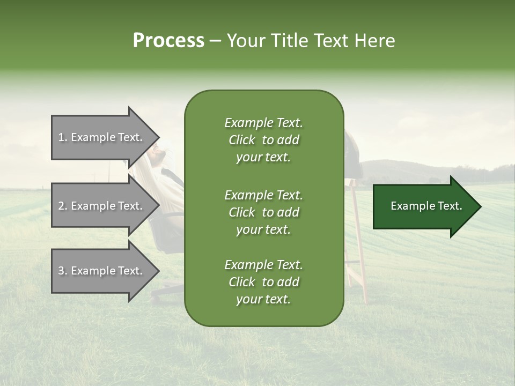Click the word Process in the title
coord(168,41)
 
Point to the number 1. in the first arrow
coord(63,137)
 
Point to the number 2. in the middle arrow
coord(63,206)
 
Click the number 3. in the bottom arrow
coord(63,271)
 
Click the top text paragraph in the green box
coord(263,140)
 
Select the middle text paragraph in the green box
coord(263,212)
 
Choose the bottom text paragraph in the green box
coord(263,282)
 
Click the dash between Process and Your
coord(215,41)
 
